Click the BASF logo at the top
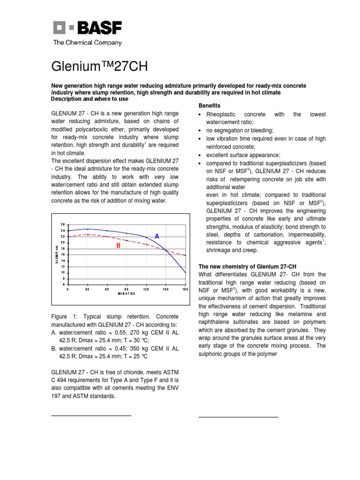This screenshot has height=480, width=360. [x=87, y=29]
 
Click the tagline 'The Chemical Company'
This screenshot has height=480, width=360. [x=87, y=43]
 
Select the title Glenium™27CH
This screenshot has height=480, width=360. [x=99, y=67]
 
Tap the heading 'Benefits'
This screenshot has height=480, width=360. [x=210, y=105]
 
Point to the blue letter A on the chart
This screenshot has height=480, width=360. [x=157, y=237]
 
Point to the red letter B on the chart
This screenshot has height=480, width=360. [x=118, y=246]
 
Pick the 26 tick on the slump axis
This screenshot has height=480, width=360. [x=63, y=225]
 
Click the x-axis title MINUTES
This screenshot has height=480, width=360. [x=127, y=294]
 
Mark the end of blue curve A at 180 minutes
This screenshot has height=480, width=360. [x=186, y=273]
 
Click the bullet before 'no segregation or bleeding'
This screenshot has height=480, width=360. [x=201, y=130]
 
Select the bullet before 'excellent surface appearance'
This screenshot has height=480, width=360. [x=201, y=155]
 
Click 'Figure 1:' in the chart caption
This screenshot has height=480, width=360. [x=63, y=317]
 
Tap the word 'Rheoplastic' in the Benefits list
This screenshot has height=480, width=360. [x=222, y=114]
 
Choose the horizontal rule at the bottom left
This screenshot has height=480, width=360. [x=91, y=415]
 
